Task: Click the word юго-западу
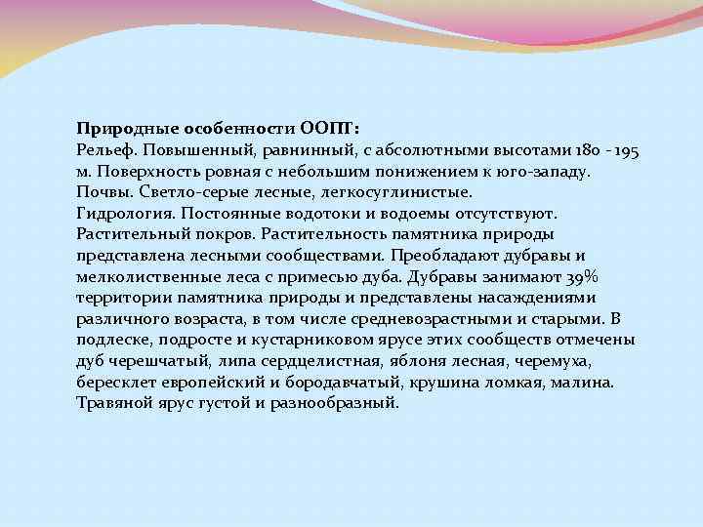pyautogui.click(x=550, y=170)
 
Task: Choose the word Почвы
pyautogui.click(x=101, y=191)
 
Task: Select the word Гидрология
pyautogui.click(x=119, y=213)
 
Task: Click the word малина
pyautogui.click(x=580, y=382)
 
